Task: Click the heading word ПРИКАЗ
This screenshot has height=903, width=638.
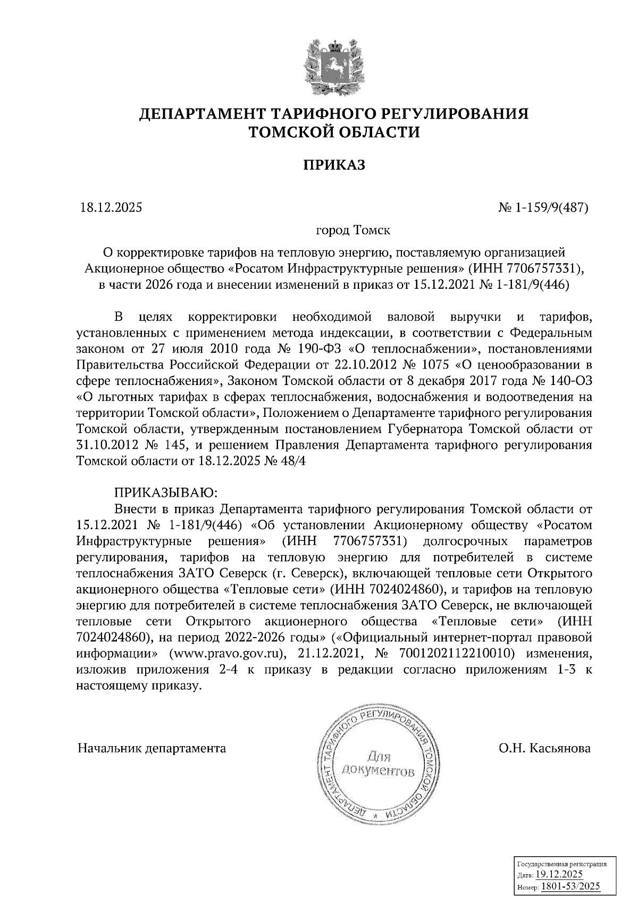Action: [334, 165]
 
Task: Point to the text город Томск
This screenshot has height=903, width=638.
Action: [353, 230]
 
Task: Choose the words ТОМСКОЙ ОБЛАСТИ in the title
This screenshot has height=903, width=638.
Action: [334, 132]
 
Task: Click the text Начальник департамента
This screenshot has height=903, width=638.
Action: [152, 748]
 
